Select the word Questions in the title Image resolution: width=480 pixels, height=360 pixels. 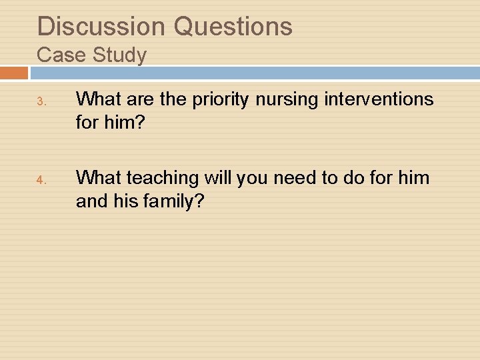coord(233,27)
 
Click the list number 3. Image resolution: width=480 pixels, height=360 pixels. coord(40,102)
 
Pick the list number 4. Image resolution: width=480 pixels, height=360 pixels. coord(40,180)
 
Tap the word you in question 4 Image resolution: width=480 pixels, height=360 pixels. coord(255,178)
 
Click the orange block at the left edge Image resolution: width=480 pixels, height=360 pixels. coord(14,72)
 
